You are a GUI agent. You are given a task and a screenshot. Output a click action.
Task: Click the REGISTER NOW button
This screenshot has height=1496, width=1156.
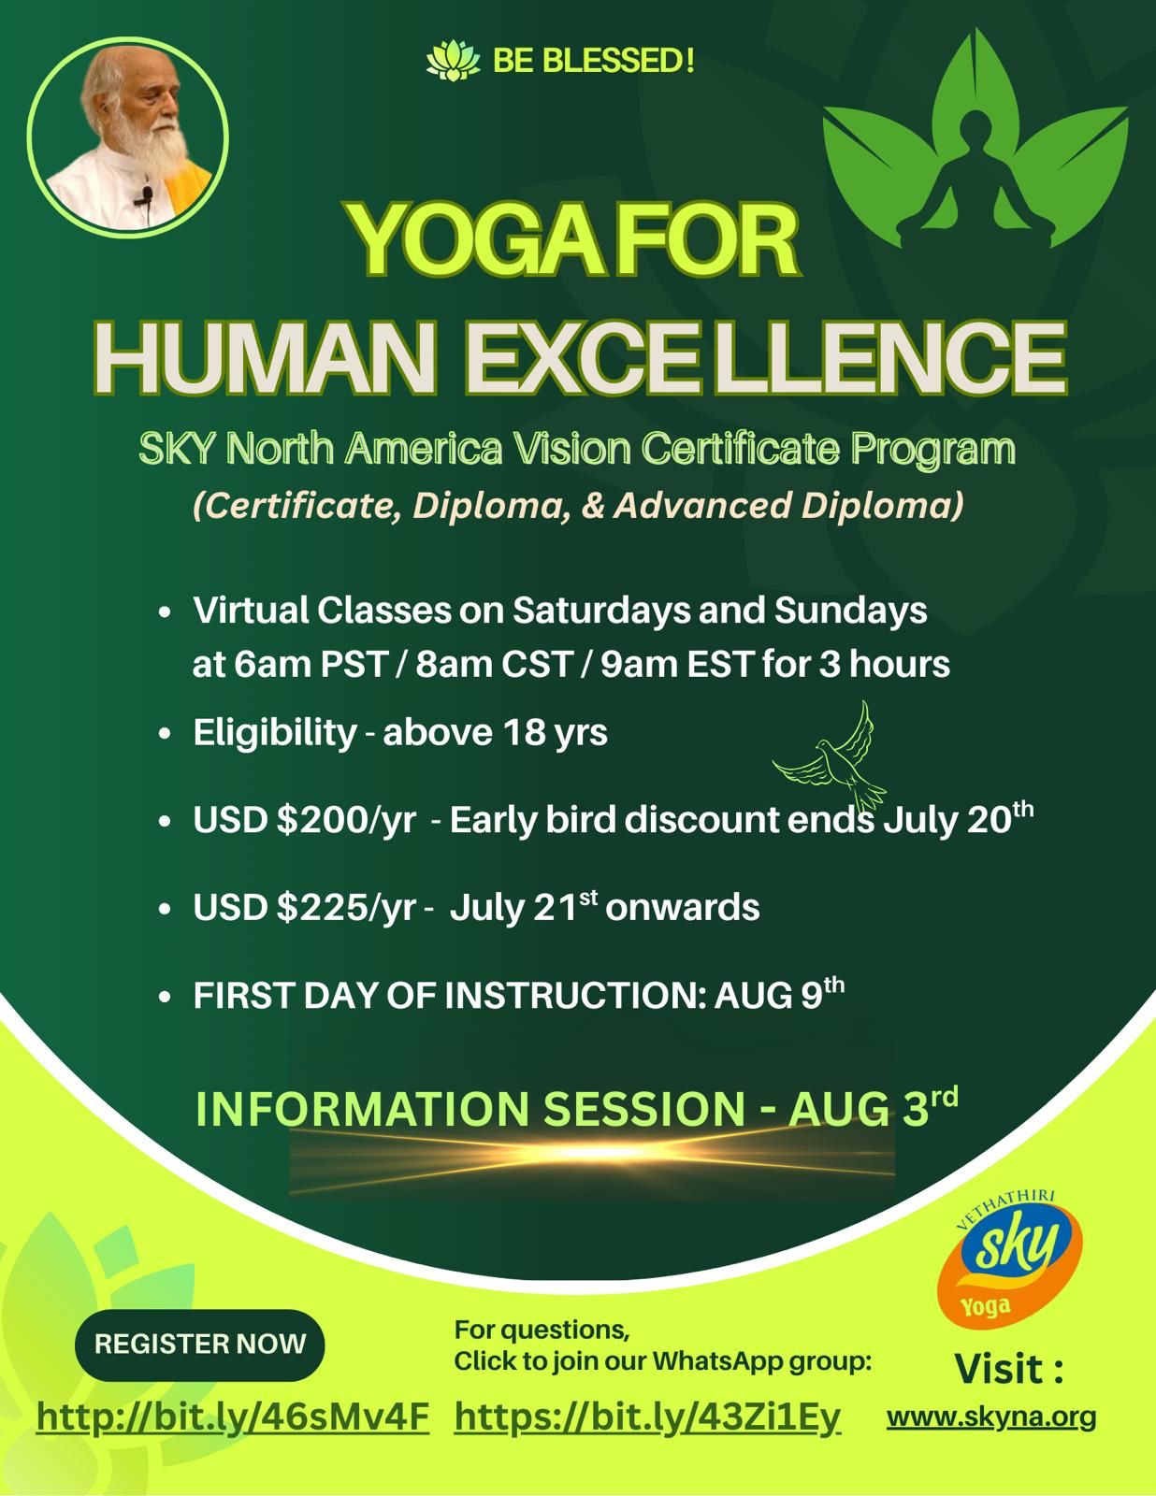(199, 1345)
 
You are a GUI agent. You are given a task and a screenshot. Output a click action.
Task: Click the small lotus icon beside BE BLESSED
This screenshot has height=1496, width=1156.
(453, 61)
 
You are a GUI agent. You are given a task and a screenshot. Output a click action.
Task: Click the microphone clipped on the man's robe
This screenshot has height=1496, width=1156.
(145, 197)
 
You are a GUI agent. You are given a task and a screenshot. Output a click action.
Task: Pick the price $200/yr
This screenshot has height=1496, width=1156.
(346, 820)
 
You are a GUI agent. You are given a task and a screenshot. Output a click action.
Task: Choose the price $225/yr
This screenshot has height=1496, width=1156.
(346, 907)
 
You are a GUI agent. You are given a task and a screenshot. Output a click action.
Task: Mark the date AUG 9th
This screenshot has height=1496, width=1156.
(779, 994)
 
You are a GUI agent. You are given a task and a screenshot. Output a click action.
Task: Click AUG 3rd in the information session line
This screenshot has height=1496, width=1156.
(873, 1108)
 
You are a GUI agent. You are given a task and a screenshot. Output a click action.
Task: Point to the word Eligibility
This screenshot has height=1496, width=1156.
(275, 732)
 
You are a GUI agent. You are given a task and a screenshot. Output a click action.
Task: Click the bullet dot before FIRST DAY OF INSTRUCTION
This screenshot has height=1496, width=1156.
(164, 997)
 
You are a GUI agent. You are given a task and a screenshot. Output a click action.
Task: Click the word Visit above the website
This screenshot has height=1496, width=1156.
(1008, 1367)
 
